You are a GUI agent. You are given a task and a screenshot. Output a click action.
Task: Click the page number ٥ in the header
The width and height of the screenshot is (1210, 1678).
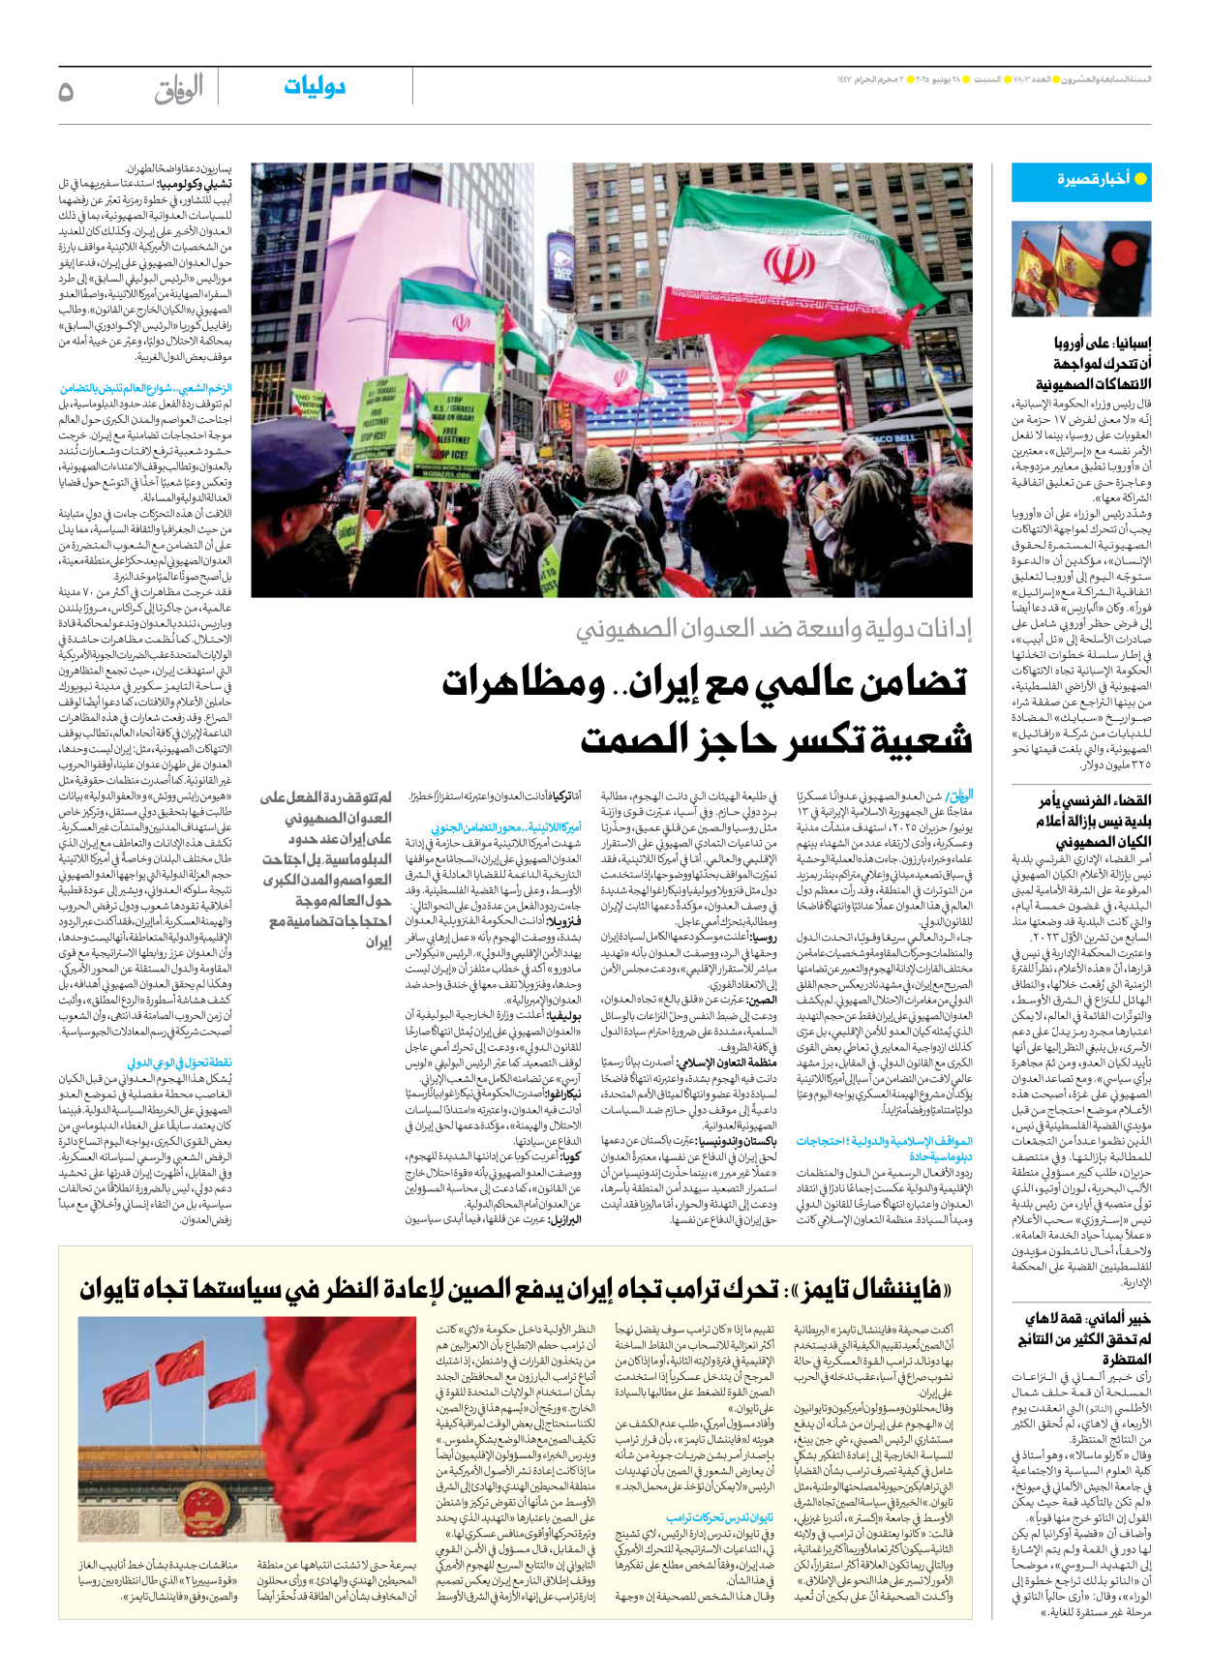point(66,92)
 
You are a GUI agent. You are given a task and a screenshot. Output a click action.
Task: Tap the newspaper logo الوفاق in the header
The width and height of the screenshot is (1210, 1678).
point(179,90)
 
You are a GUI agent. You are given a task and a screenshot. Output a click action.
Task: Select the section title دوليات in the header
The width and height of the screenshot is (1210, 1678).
point(314,87)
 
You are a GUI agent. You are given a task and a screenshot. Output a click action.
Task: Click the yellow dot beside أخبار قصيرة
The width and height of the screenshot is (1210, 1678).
point(1140,179)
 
